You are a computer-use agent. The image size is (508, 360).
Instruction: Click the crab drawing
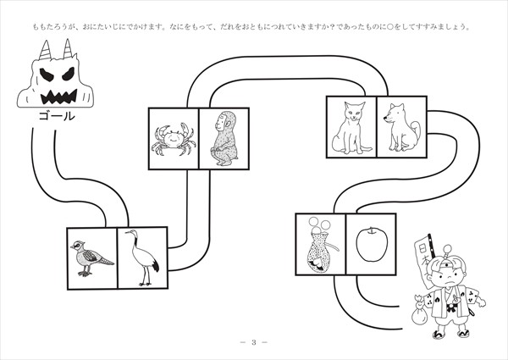[x=173, y=140]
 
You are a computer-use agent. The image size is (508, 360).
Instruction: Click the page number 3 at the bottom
[x=253, y=342]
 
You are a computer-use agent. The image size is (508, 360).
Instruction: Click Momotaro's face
[x=448, y=276]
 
